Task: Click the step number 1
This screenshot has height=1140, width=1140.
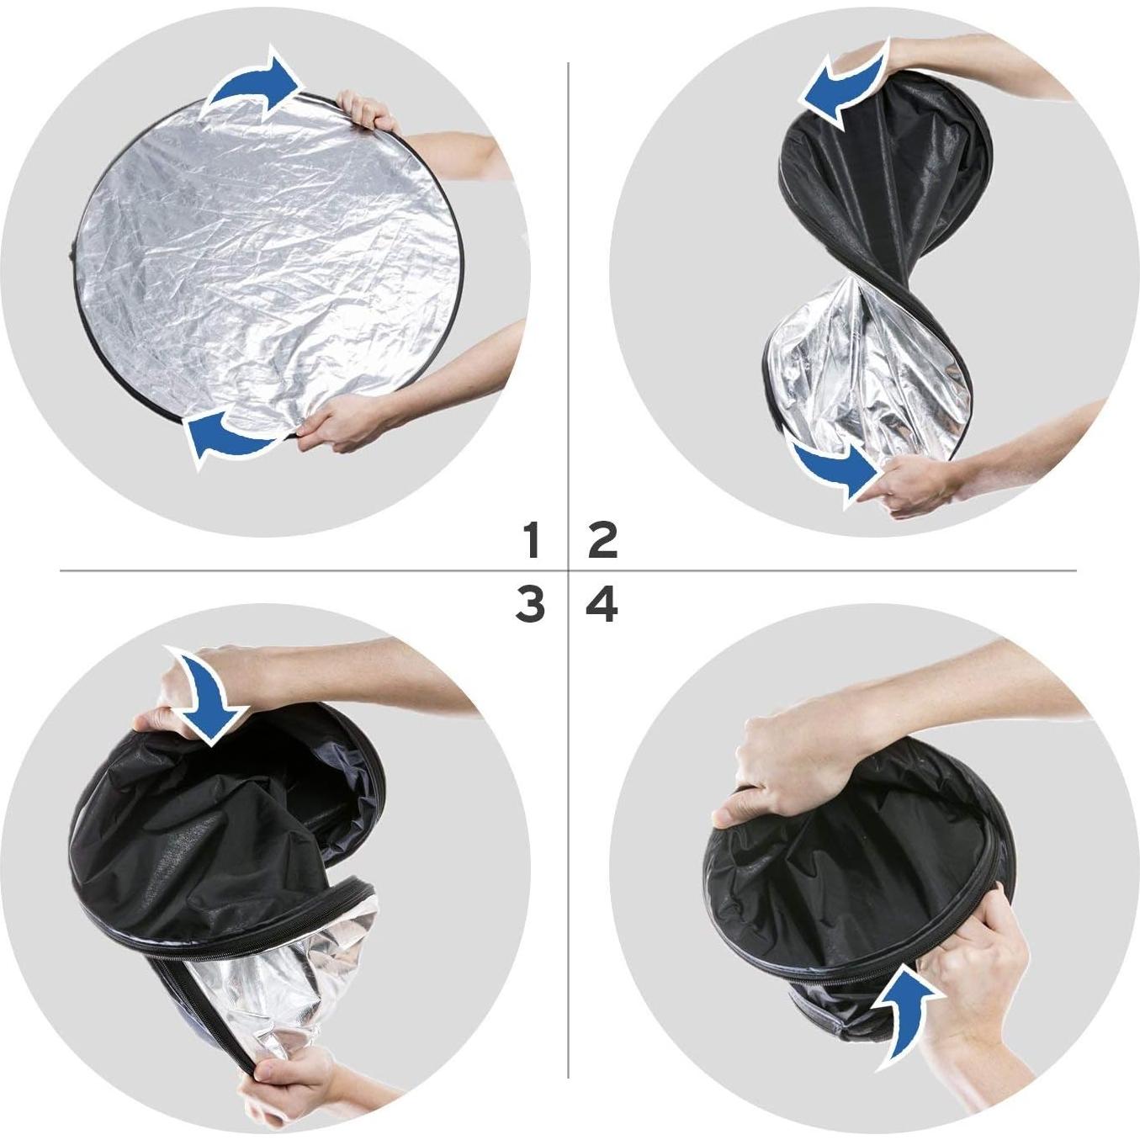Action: click(x=531, y=540)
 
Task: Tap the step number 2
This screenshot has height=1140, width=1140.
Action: click(x=603, y=540)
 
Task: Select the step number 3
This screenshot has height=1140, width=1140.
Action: click(x=530, y=605)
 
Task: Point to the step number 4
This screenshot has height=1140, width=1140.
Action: click(x=603, y=605)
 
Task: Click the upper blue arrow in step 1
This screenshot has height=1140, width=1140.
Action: click(x=253, y=88)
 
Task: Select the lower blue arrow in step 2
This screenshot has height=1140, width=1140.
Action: click(x=834, y=468)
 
